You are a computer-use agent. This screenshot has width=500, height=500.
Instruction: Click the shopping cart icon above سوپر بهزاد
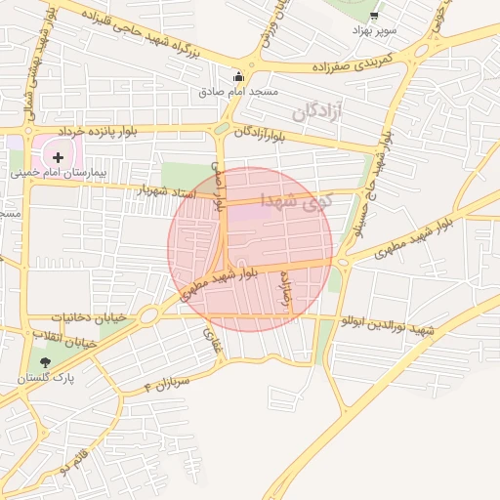374,16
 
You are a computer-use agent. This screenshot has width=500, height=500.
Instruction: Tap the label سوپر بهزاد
375,31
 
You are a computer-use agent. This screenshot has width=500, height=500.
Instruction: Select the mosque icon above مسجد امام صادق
238,77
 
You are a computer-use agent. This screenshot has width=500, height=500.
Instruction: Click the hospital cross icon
59,156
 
